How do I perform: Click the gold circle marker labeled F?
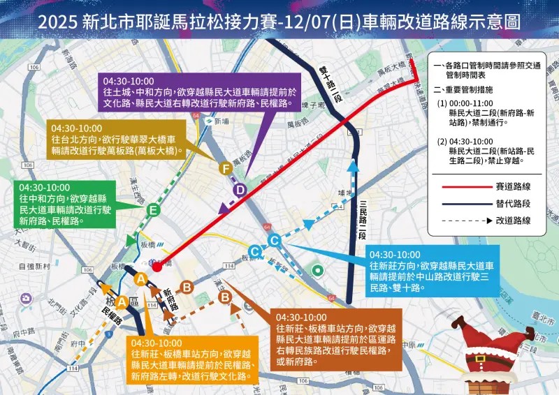(x=225, y=168)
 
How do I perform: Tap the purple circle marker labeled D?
(x=240, y=190)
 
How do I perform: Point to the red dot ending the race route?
(x=157, y=266)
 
